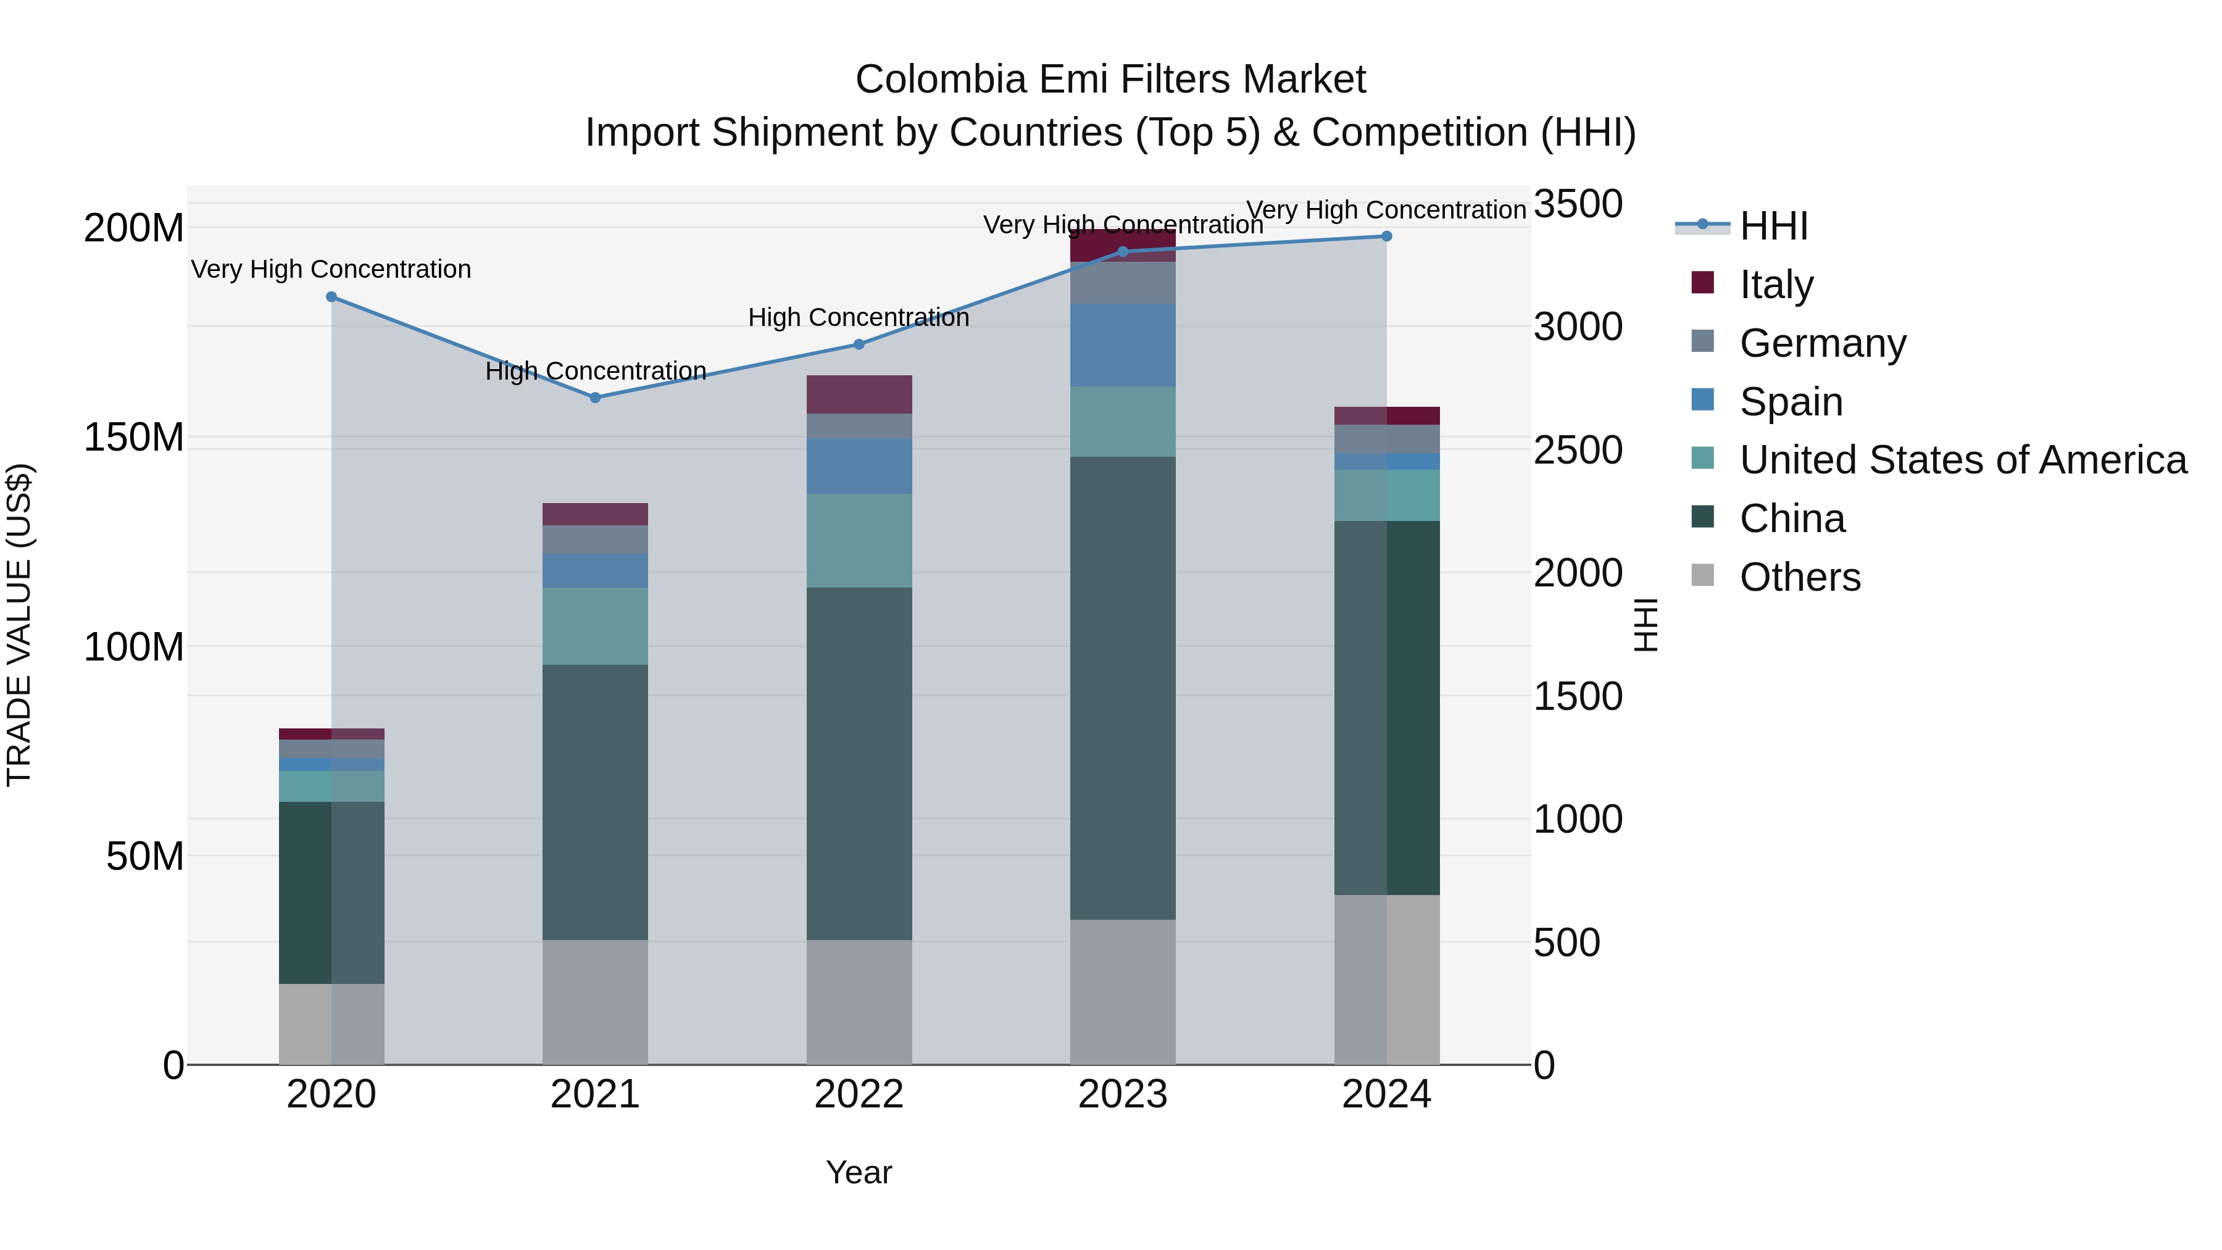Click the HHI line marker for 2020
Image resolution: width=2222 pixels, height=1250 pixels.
pyautogui.click(x=331, y=297)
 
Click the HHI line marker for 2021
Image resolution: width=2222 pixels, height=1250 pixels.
pyautogui.click(x=595, y=398)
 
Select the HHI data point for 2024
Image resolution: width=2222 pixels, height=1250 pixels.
pyautogui.click(x=1387, y=236)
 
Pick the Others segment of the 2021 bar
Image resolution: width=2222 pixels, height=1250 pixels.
pyautogui.click(x=595, y=1002)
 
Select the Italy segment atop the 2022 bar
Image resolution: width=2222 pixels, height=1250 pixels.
pyautogui.click(x=859, y=394)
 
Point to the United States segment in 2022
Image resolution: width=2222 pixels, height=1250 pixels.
pyautogui.click(x=859, y=541)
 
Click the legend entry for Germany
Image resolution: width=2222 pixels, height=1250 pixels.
pyautogui.click(x=1822, y=343)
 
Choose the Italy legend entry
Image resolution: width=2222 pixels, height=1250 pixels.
pyautogui.click(x=1776, y=285)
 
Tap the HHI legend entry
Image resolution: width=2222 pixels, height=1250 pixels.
pyautogui.click(x=1773, y=226)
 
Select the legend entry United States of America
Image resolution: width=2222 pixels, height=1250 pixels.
pyautogui.click(x=1962, y=460)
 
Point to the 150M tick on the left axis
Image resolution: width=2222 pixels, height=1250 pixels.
pyautogui.click(x=134, y=438)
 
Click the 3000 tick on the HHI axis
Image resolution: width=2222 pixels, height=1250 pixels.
pyautogui.click(x=1578, y=328)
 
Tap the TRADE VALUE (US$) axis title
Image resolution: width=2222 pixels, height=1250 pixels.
pyautogui.click(x=20, y=625)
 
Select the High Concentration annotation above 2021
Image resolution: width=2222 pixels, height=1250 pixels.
pyautogui.click(x=595, y=371)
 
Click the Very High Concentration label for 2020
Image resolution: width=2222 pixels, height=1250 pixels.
pyautogui.click(x=331, y=269)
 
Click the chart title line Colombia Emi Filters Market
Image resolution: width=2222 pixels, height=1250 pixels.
pyautogui.click(x=1110, y=80)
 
